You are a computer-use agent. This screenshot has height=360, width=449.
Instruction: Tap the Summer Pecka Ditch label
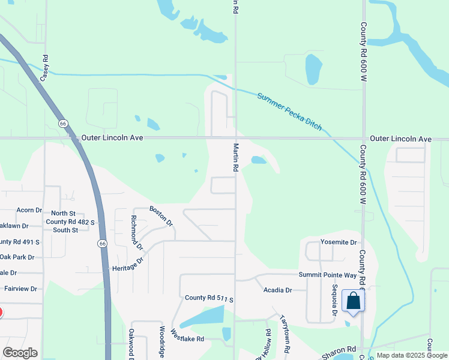[x=289, y=112]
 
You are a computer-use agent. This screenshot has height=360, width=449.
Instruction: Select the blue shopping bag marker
[x=353, y=301]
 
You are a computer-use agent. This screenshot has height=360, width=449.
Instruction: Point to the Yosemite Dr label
[x=339, y=242]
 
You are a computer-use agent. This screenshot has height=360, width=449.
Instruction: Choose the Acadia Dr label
[x=277, y=290]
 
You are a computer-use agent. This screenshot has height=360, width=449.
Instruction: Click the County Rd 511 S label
[x=208, y=298]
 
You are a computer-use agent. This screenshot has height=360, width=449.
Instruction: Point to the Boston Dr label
[x=161, y=216]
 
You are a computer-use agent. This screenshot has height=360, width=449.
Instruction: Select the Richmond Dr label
[x=137, y=232]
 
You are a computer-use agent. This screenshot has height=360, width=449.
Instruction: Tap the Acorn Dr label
[x=29, y=210]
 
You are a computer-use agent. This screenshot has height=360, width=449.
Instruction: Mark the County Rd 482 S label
[x=71, y=221]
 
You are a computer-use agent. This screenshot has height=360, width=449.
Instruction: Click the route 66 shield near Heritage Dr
[x=103, y=244]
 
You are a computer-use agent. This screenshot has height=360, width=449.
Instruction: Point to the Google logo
[x=20, y=353]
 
